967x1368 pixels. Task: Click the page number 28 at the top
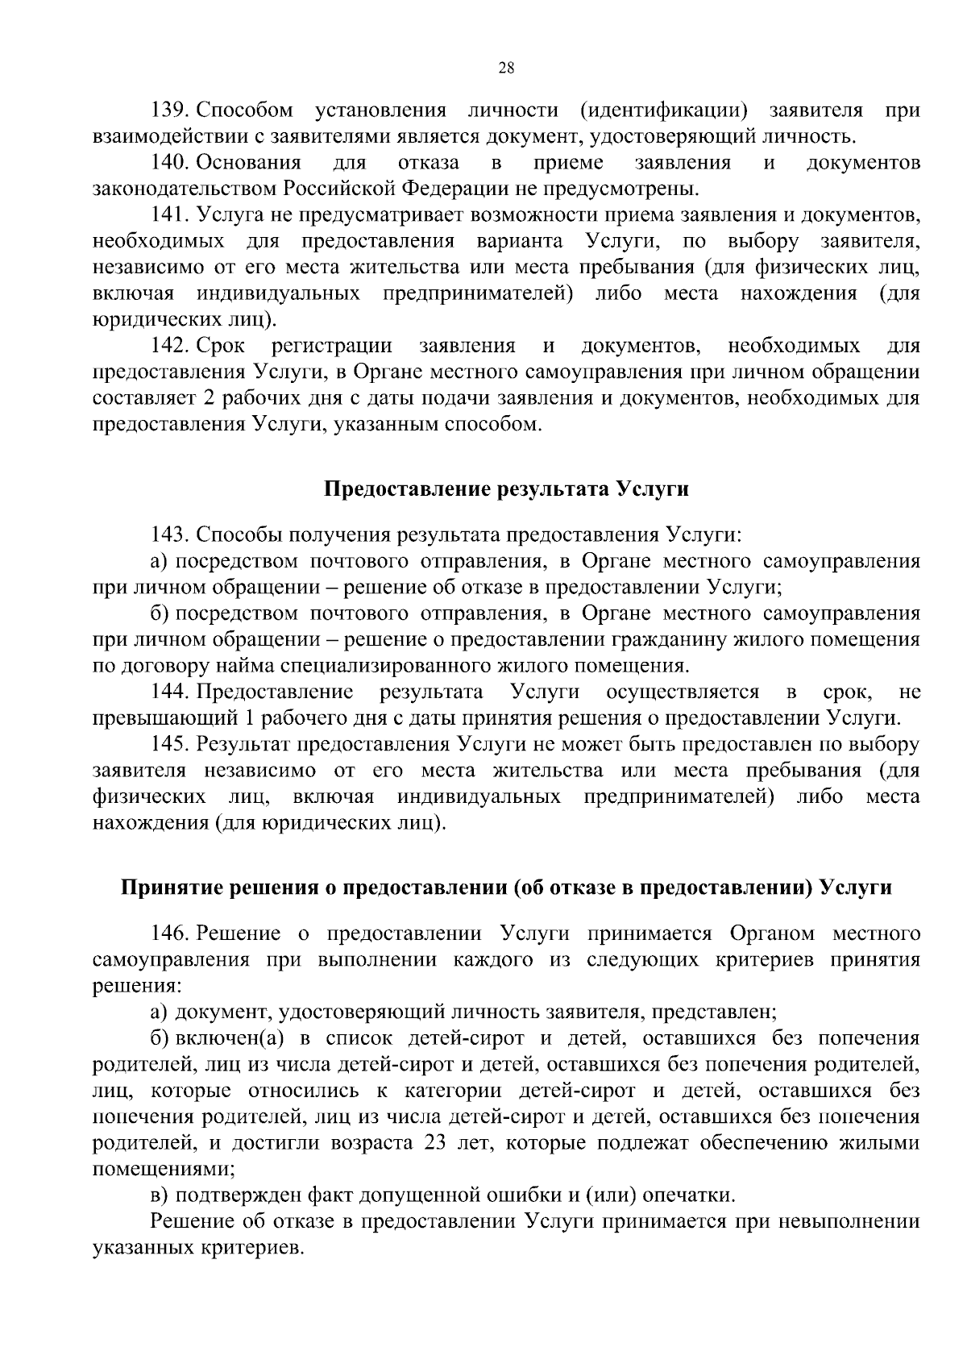point(507,68)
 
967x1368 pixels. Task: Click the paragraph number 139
point(169,110)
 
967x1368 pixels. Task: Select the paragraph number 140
point(169,163)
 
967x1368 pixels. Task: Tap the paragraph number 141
point(169,215)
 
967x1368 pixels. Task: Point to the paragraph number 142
point(169,347)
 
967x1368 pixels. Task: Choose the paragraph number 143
point(169,534)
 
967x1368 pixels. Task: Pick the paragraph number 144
point(169,692)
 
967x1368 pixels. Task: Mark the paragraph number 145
point(169,744)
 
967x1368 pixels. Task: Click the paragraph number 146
point(169,933)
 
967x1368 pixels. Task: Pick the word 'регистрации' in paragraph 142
point(332,347)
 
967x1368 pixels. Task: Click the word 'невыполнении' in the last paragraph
point(849,1221)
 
